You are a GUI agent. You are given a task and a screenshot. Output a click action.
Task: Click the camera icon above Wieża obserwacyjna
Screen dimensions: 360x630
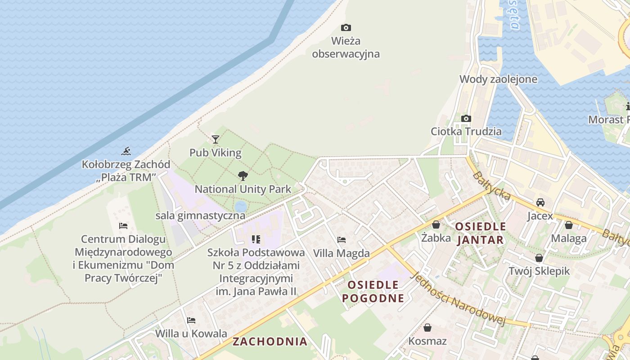(346, 28)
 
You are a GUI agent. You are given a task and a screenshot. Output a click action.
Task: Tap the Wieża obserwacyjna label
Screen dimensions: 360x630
(346, 47)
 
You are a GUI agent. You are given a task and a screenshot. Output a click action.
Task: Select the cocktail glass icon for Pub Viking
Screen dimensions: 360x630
(216, 139)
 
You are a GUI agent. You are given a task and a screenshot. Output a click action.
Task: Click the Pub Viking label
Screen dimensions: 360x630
(215, 153)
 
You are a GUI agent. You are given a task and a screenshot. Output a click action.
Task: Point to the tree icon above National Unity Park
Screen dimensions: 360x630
(243, 176)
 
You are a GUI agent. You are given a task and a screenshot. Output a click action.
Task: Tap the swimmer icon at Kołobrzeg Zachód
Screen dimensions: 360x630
(126, 151)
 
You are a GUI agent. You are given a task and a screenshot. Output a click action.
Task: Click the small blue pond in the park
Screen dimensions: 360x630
(240, 206)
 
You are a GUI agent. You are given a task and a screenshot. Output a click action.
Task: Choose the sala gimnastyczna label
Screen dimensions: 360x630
(200, 216)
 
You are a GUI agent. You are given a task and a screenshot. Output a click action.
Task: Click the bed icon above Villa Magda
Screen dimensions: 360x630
(342, 240)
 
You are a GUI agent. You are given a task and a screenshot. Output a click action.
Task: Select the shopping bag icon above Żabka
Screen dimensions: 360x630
(436, 225)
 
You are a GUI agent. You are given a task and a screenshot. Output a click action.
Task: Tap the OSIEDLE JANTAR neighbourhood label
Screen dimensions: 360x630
(481, 233)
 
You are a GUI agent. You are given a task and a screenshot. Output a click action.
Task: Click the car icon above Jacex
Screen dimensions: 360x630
(540, 202)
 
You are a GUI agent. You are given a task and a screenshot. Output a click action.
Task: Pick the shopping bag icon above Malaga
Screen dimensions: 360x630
(568, 225)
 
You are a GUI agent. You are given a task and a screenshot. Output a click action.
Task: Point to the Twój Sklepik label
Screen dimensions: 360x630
(539, 271)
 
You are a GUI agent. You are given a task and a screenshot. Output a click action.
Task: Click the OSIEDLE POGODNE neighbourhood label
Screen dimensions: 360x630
(373, 291)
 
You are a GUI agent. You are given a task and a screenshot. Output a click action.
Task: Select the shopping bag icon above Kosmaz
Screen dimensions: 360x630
(427, 328)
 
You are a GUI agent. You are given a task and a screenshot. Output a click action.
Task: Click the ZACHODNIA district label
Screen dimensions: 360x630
(270, 341)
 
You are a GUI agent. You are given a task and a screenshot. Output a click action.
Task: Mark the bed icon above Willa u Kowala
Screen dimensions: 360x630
(191, 320)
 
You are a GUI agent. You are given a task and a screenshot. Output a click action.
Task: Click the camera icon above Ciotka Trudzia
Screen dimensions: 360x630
(466, 119)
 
